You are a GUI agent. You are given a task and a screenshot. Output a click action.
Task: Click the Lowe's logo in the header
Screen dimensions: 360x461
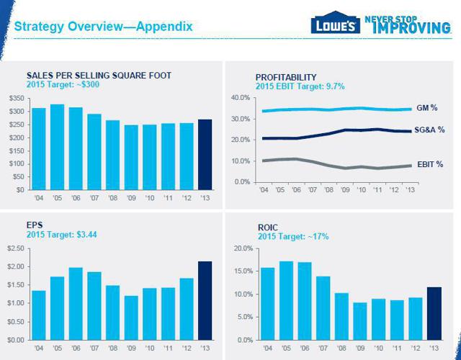(x=333, y=25)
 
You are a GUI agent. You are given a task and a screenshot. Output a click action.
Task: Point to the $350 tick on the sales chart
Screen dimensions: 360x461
(x=16, y=97)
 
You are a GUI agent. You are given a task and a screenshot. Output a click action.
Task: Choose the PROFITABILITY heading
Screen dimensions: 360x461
(x=286, y=77)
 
